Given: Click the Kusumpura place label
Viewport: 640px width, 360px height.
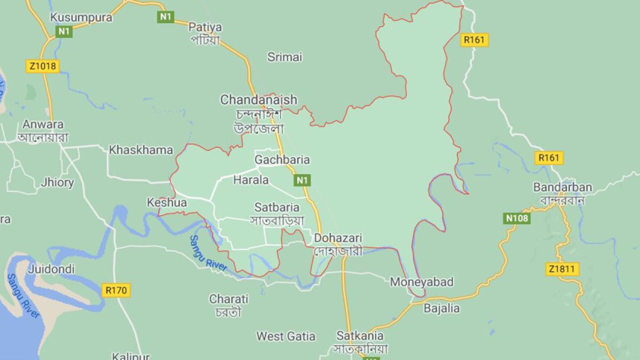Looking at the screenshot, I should pyautogui.click(x=80, y=16).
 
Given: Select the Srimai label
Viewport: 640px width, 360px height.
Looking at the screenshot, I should pyautogui.click(x=285, y=56).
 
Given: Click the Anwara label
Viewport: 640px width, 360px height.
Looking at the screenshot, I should pyautogui.click(x=43, y=124).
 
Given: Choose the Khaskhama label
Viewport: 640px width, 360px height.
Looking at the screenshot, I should pyautogui.click(x=140, y=149).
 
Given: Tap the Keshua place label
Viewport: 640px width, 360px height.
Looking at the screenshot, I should pyautogui.click(x=167, y=202).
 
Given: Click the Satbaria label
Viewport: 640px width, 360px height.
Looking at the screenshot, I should pyautogui.click(x=277, y=207).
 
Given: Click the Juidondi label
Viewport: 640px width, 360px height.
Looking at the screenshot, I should pyautogui.click(x=51, y=266).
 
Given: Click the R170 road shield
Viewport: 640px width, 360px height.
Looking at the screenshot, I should pyautogui.click(x=116, y=288).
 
